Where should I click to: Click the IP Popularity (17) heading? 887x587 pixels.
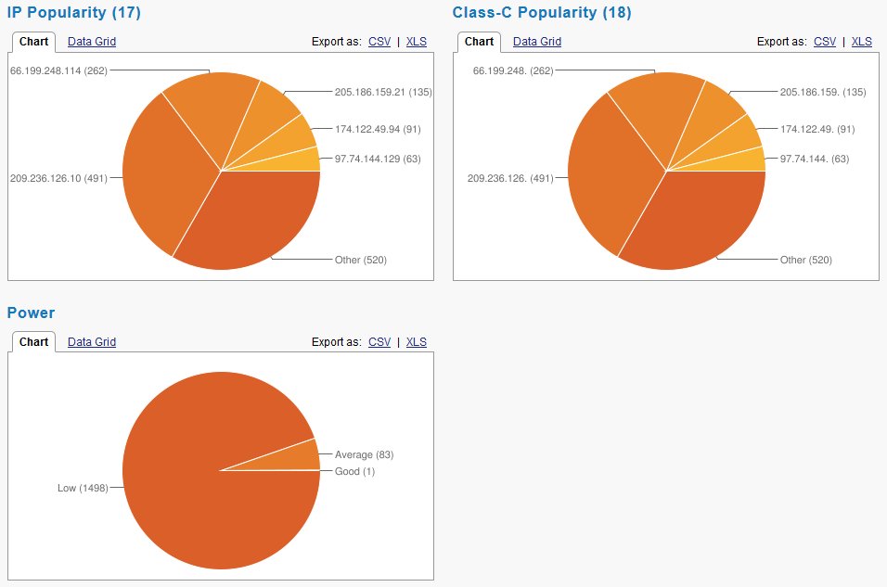[x=74, y=13]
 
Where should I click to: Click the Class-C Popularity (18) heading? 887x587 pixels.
[x=542, y=13]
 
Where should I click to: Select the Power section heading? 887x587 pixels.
[x=31, y=313]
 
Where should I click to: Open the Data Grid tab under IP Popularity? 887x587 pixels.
[x=92, y=42]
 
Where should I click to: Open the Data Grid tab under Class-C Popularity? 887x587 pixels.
[x=537, y=42]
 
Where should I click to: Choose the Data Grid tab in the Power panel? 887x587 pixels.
[x=92, y=342]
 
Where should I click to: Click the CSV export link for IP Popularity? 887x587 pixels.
[x=379, y=42]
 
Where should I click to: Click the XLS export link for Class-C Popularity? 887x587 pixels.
[x=862, y=42]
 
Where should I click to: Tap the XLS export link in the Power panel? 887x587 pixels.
[x=417, y=342]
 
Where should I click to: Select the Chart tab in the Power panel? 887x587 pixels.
[x=33, y=342]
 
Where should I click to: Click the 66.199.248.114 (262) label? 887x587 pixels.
[x=59, y=70]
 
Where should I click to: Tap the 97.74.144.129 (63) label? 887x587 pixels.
[x=378, y=159]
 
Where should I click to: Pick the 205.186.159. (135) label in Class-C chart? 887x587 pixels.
[x=823, y=92]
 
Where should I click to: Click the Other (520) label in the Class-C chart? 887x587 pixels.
[x=806, y=260]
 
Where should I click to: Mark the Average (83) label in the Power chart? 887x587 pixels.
[x=365, y=454]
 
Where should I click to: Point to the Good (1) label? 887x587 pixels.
[x=355, y=471]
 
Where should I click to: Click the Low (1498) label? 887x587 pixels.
[x=83, y=488]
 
